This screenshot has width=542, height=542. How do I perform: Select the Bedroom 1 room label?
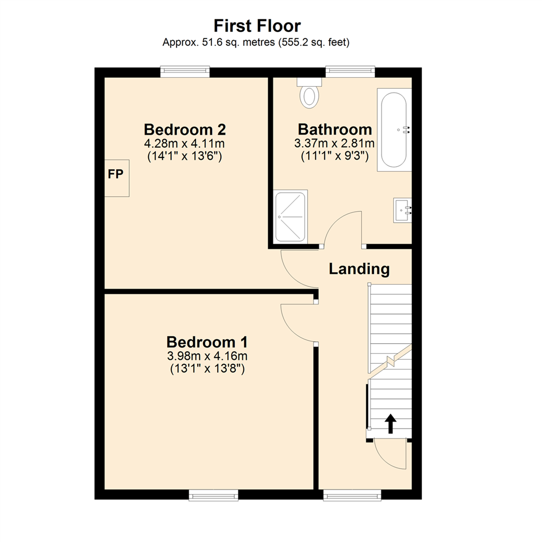coord(207,342)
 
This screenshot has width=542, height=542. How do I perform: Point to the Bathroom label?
coord(335,129)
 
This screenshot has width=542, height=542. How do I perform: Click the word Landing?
coord(359,269)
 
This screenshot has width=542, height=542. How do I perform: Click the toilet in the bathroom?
coord(309,93)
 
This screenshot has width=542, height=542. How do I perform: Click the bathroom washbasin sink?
coord(402,210)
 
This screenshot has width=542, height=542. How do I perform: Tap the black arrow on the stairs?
coord(390,423)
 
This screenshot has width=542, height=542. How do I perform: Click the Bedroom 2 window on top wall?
coord(185,72)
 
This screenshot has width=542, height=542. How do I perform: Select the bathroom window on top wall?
coord(350,72)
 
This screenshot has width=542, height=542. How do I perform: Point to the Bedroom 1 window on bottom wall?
coord(213,495)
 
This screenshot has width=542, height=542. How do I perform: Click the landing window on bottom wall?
coord(352,495)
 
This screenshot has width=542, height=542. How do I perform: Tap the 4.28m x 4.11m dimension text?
coord(184,144)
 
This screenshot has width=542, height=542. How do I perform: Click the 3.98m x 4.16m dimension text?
coord(207,357)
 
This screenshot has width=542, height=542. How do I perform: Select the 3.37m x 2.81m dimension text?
coord(335,144)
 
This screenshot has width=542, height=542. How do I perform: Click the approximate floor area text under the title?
coord(256,43)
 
